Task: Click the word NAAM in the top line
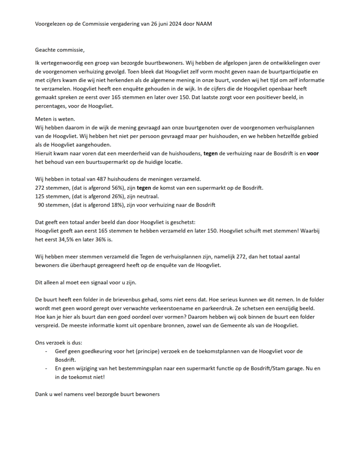point(203,24)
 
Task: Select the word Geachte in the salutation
point(46,49)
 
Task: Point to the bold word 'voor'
point(313,154)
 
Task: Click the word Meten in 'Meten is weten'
point(43,119)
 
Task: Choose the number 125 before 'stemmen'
point(41,197)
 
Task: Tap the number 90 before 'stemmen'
point(42,205)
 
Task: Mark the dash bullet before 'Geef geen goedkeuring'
point(46,351)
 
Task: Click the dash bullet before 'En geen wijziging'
point(46,369)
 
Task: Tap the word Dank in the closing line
point(42,394)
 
